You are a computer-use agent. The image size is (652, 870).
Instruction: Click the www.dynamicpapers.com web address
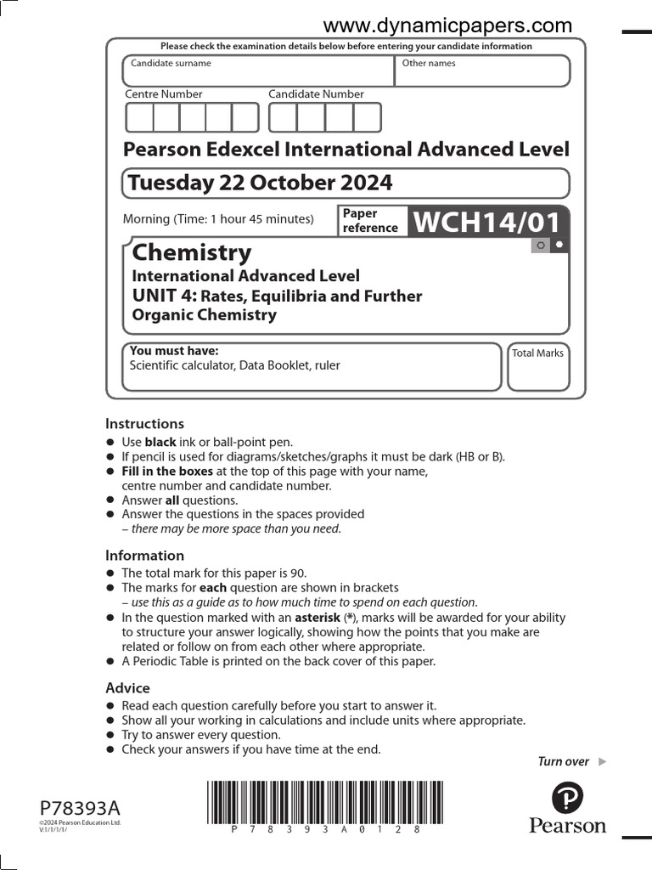click(x=447, y=25)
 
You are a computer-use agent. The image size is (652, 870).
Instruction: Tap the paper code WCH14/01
click(x=487, y=223)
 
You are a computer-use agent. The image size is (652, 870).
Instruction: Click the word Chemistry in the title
click(x=192, y=252)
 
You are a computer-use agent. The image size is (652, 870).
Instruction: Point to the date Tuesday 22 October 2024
click(x=260, y=183)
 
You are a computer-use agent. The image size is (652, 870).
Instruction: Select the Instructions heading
click(x=144, y=423)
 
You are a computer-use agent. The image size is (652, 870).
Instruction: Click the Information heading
click(x=144, y=556)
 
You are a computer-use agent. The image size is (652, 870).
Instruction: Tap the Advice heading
click(x=127, y=687)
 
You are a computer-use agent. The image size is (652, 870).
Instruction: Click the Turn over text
click(x=564, y=761)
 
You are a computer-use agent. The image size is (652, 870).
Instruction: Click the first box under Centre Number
click(x=139, y=117)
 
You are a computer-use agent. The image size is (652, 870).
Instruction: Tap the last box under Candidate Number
click(x=367, y=117)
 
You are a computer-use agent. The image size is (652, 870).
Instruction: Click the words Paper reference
click(x=369, y=221)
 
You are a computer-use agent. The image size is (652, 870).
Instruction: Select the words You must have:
click(x=173, y=351)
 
